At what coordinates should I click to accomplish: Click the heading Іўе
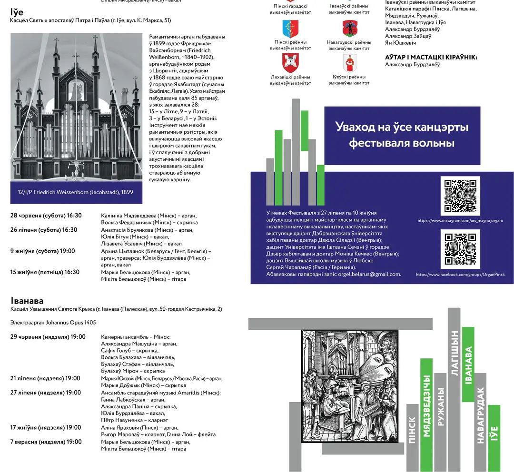tap(17, 12)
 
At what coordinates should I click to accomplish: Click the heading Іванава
tap(27, 301)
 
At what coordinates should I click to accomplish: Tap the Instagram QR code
tap(460, 196)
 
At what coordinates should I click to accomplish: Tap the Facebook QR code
tap(460, 249)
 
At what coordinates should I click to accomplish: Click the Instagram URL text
tap(461, 221)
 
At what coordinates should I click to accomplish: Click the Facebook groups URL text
tap(460, 275)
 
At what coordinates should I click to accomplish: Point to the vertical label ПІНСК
tap(413, 430)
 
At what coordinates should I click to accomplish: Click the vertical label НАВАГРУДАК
tap(480, 415)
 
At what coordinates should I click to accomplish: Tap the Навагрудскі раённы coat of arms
tap(349, 29)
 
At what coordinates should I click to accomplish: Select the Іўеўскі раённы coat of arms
tap(349, 63)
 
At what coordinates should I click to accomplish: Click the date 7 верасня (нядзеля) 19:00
tap(46, 442)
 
